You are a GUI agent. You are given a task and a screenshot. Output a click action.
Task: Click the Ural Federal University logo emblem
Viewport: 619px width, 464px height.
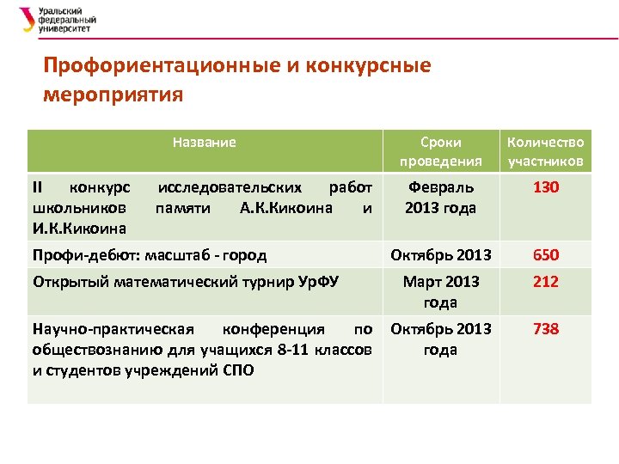pyautogui.click(x=28, y=18)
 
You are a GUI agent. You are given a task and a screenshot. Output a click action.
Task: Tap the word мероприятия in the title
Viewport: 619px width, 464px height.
pyautogui.click(x=113, y=94)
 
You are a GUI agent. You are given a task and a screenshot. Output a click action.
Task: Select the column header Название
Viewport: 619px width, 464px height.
pyautogui.click(x=204, y=142)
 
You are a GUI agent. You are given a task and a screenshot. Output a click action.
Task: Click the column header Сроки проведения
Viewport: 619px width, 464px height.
pyautogui.click(x=440, y=151)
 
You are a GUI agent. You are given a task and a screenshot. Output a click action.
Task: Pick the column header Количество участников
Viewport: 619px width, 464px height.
pyautogui.click(x=545, y=151)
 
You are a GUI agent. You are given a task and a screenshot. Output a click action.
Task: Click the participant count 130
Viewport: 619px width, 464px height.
pyautogui.click(x=545, y=186)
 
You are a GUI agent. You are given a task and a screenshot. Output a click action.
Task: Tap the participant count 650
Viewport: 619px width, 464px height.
pyautogui.click(x=545, y=255)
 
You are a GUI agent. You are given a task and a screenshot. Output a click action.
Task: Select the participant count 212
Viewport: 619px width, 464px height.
pyautogui.click(x=545, y=281)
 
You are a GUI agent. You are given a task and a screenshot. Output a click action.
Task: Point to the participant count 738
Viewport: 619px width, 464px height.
pyautogui.click(x=545, y=329)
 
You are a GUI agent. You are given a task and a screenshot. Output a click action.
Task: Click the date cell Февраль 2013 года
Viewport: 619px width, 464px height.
pyautogui.click(x=440, y=197)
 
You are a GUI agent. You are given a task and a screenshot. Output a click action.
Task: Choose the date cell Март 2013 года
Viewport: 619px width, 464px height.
pyautogui.click(x=440, y=291)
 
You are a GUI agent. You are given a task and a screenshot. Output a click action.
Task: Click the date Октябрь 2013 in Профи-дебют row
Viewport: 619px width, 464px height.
pyautogui.click(x=440, y=255)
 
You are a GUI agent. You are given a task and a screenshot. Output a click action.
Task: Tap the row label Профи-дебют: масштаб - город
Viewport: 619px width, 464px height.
pyautogui.click(x=149, y=255)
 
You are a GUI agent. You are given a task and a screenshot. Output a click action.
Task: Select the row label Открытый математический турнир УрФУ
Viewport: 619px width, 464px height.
pyautogui.click(x=185, y=281)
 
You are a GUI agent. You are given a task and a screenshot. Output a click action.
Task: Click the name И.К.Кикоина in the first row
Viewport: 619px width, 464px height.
pyautogui.click(x=78, y=229)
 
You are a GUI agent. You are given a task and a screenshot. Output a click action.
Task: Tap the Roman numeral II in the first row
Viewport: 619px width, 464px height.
pyautogui.click(x=37, y=187)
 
